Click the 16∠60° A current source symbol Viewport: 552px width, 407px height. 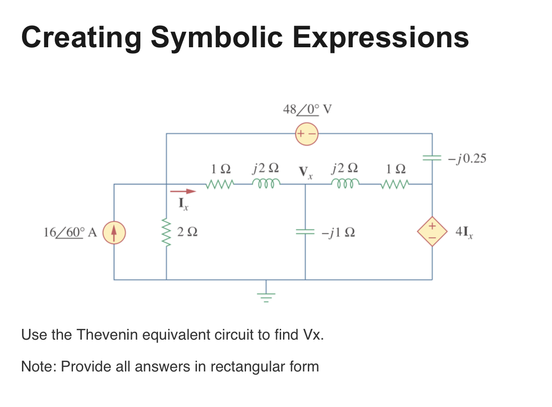pyautogui.click(x=114, y=232)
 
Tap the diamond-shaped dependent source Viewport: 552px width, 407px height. pyautogui.click(x=432, y=232)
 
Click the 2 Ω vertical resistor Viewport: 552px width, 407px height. pyautogui.click(x=167, y=232)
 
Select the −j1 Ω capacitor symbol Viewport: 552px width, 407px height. pyautogui.click(x=305, y=232)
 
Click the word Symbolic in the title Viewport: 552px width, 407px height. pyautogui.click(x=217, y=37)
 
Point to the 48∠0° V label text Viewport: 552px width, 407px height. pyautogui.click(x=308, y=109)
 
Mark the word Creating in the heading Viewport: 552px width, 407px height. pyautogui.click(x=80, y=37)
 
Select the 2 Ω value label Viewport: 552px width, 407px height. pyautogui.click(x=187, y=233)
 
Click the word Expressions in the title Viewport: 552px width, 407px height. pyautogui.click(x=381, y=37)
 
